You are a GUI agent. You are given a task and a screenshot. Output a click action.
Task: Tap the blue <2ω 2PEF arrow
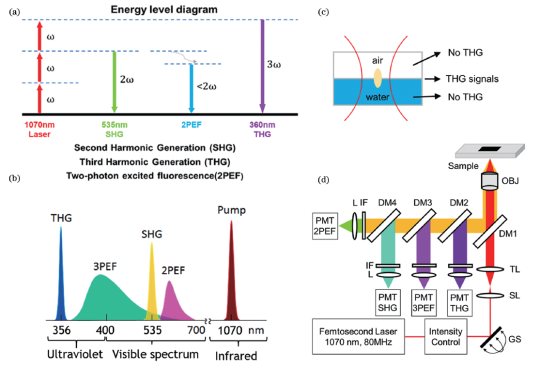pos(191,88)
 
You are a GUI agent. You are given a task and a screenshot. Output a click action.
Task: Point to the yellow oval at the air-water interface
pos(377,78)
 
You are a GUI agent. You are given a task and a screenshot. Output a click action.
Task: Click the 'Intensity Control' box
pos(445,336)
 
